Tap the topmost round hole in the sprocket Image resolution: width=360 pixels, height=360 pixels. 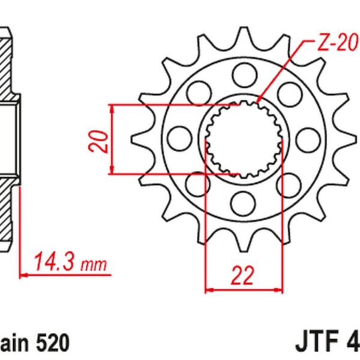[x=242, y=76]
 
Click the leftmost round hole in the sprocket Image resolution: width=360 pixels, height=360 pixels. [x=178, y=137]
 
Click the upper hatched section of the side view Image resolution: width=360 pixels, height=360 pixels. [x=9, y=63]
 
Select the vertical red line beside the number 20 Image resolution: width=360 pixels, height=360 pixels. [x=113, y=139]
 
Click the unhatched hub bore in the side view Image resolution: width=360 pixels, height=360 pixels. [x=8, y=138]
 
